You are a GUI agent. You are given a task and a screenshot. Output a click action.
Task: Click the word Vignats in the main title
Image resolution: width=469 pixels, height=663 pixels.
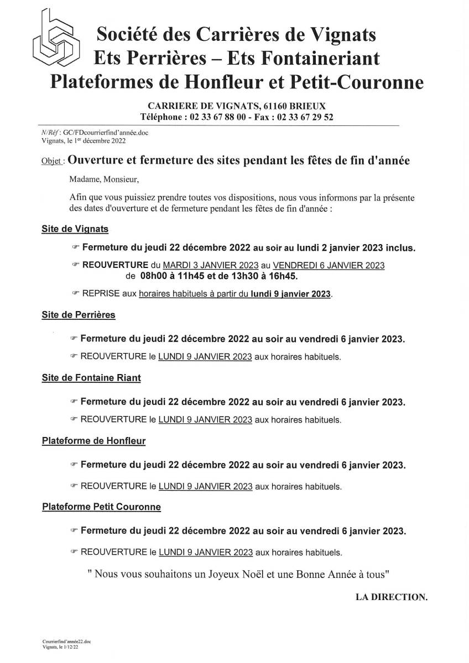coord(343,35)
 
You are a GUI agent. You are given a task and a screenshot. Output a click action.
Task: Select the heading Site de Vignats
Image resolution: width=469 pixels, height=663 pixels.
coord(75,228)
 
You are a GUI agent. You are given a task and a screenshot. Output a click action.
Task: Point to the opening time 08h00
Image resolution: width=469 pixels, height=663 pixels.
coord(154,275)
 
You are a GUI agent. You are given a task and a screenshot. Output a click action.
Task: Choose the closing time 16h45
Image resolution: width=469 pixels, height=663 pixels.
coord(288,275)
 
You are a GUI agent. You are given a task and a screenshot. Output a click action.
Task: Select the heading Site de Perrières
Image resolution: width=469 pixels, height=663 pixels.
coord(78,315)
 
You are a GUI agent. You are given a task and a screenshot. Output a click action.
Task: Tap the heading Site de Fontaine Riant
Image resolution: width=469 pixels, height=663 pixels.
coord(91,378)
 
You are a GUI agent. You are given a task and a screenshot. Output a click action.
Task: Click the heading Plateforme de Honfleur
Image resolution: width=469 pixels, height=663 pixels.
coord(93,441)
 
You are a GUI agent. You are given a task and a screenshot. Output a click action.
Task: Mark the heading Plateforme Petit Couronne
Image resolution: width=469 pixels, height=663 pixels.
coord(101,506)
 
